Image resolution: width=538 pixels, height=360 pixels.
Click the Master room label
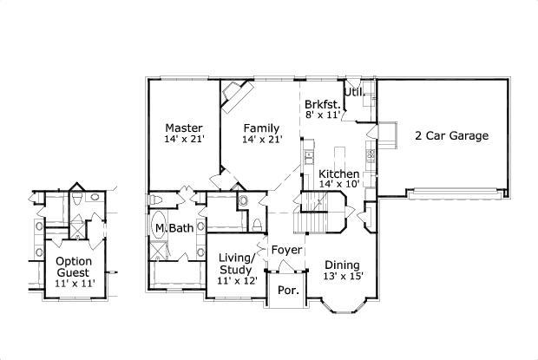[x=183, y=127]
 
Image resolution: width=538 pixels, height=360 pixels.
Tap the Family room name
[x=260, y=127]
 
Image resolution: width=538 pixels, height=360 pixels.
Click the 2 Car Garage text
[x=451, y=135]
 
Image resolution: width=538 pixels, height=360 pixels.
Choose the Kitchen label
[x=338, y=173]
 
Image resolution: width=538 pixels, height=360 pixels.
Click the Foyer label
[x=286, y=250]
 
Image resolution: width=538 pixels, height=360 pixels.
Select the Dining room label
[x=344, y=265]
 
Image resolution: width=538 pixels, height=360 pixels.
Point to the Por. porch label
[x=287, y=291]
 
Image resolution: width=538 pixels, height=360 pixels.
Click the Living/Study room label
[x=236, y=264]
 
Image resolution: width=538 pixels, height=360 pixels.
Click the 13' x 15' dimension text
[x=344, y=277]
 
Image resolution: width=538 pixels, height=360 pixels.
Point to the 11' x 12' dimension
[x=236, y=281]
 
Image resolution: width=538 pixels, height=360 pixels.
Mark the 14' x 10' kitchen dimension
[x=338, y=184]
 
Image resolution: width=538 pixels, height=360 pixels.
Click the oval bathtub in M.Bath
[x=160, y=227]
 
